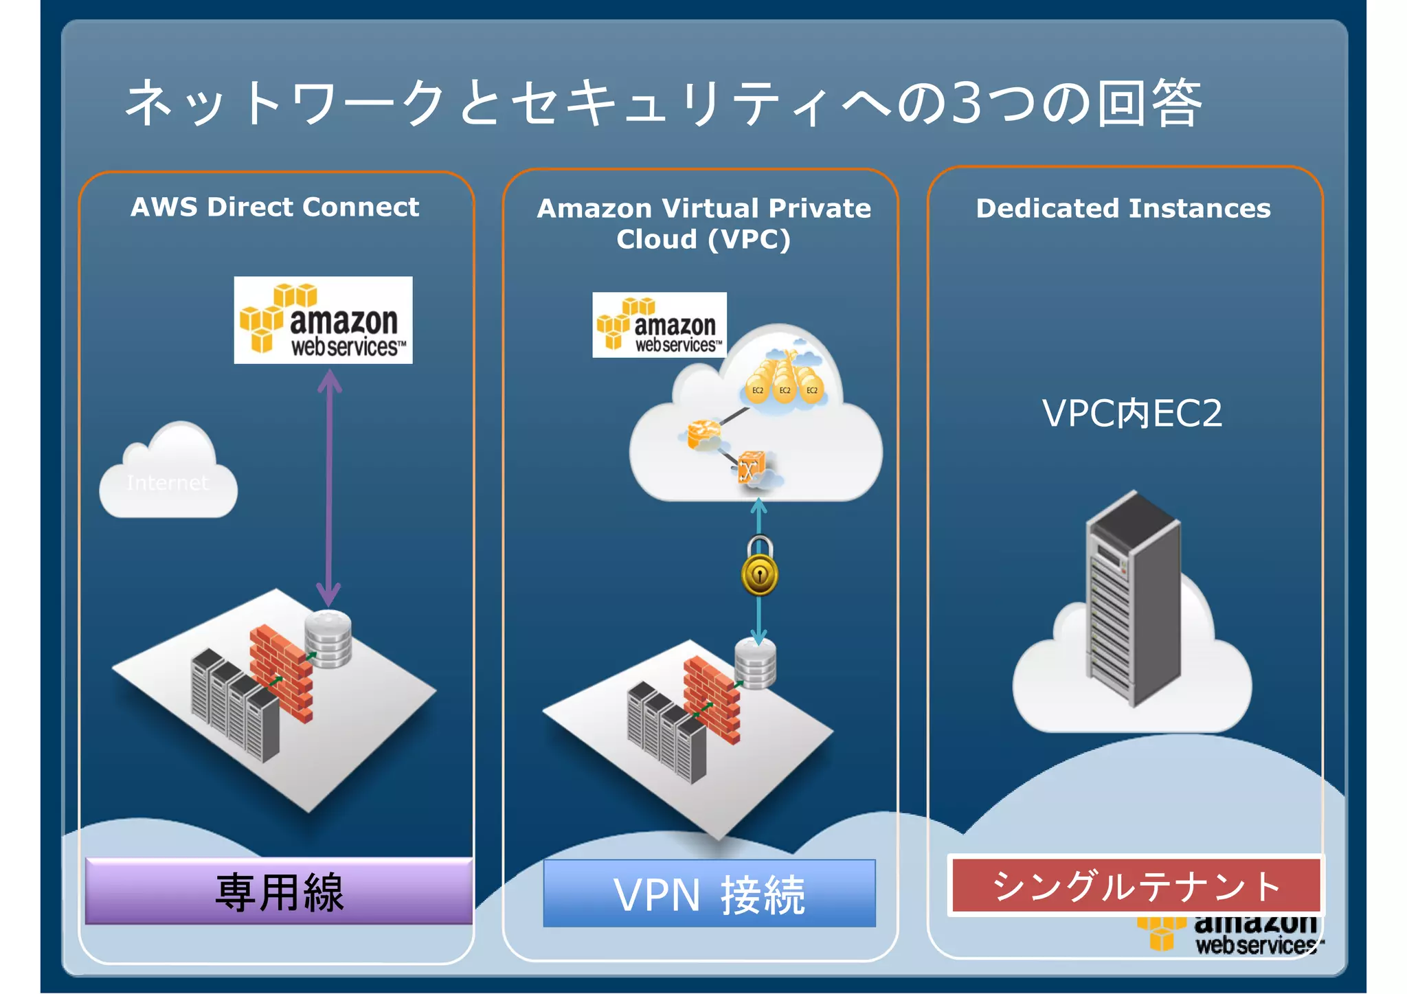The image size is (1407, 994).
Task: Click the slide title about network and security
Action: (663, 103)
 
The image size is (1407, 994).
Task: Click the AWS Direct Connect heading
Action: (275, 207)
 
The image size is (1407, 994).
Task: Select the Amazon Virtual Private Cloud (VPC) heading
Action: (703, 223)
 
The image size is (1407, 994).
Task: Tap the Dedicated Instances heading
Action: (1123, 208)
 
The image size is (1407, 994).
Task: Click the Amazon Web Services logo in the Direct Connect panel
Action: (323, 320)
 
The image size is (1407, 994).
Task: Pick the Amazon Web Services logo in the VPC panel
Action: (659, 325)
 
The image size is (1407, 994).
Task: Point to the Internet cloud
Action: (168, 475)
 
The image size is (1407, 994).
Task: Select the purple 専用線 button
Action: (279, 891)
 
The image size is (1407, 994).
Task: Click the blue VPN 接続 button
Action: (709, 894)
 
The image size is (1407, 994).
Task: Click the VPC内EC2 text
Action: (1132, 413)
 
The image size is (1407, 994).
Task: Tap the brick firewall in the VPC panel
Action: (712, 699)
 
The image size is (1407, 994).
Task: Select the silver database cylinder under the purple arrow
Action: (328, 638)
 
